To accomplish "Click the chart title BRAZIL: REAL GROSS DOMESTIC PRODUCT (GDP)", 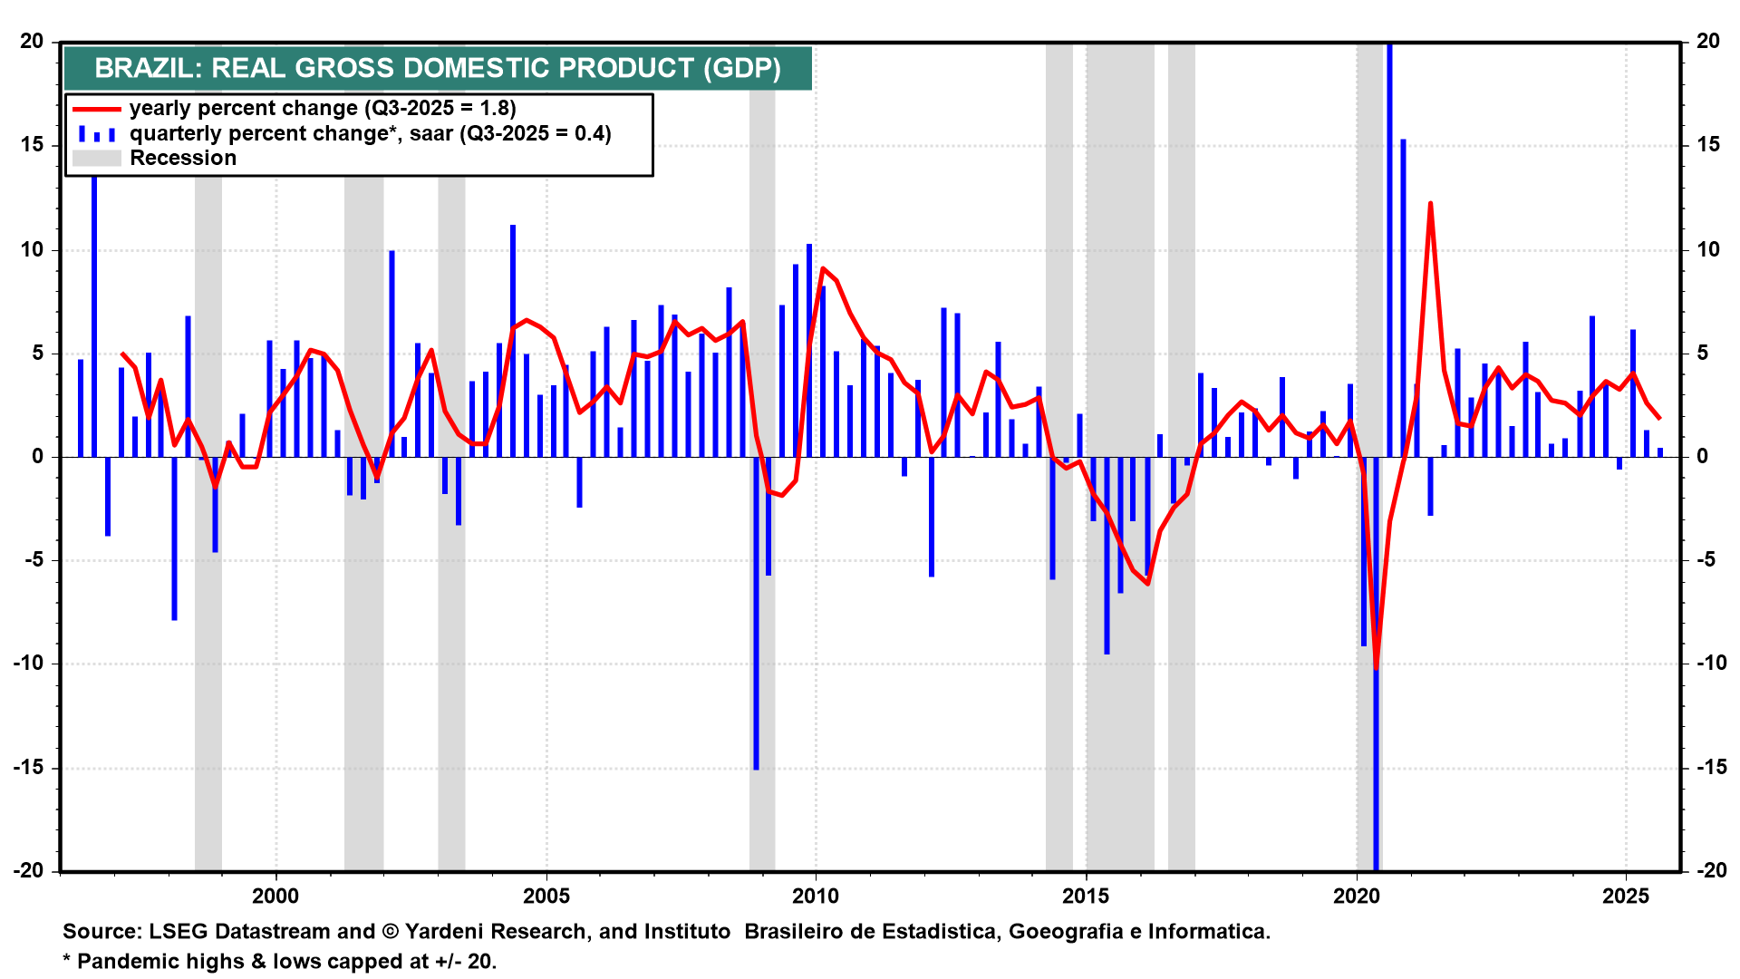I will [x=437, y=68].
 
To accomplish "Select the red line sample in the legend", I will [x=96, y=109].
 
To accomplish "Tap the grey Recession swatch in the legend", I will [x=96, y=159].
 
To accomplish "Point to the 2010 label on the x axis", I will [x=816, y=897].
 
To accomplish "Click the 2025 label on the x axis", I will [x=1626, y=897].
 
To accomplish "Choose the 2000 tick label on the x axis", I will [x=275, y=897].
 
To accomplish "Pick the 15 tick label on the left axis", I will [x=33, y=145].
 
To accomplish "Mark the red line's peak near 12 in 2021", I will [x=1430, y=204].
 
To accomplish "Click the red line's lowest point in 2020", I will [x=1376, y=668].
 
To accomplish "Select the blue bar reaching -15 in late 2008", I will [x=756, y=616].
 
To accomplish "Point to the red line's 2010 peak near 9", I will [x=823, y=269].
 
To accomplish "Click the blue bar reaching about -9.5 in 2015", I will [x=1107, y=562].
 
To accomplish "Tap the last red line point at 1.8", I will [x=1659, y=418].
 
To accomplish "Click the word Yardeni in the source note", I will [x=441, y=932].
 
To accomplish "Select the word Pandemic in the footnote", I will [x=119, y=962].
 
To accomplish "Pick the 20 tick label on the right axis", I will [x=1708, y=42].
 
